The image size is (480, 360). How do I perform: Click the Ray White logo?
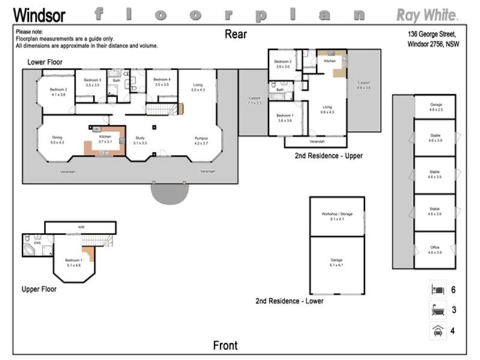427,15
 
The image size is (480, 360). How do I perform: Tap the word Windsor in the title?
40,16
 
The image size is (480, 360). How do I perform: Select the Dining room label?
58,140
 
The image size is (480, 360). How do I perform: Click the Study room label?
140,140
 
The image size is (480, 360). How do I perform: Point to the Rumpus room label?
201,140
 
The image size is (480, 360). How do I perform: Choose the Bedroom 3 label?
92,82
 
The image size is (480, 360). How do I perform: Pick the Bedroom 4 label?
162,82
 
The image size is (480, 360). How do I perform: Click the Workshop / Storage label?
337,216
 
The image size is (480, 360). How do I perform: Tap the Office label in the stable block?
434,250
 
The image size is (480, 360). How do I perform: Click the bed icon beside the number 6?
437,290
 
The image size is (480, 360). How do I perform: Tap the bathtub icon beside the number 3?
437,310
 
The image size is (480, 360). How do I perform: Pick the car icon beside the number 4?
437,331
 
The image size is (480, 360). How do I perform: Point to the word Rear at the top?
236,34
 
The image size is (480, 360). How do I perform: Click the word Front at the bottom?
226,346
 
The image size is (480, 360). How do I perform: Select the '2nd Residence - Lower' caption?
289,301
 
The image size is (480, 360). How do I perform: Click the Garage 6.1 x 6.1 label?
337,262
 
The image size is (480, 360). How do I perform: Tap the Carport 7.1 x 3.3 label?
254,101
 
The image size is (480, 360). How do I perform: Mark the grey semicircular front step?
169,193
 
